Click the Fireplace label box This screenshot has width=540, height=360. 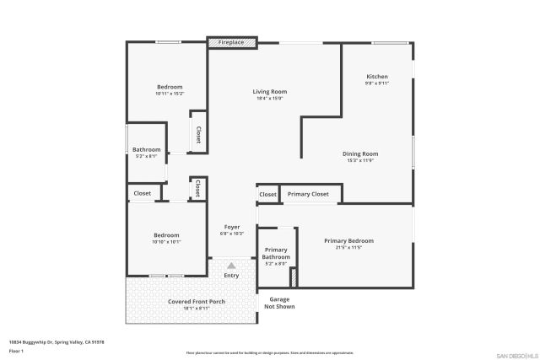point(232,42)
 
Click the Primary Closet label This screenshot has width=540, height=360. point(308,194)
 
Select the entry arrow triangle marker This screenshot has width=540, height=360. point(231,265)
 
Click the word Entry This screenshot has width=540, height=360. point(231,276)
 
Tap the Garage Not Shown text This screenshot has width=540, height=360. point(280,303)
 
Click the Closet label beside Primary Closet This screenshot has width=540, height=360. point(267,194)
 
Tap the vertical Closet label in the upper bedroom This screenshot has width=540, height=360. point(198,135)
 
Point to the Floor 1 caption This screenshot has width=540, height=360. point(16,350)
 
